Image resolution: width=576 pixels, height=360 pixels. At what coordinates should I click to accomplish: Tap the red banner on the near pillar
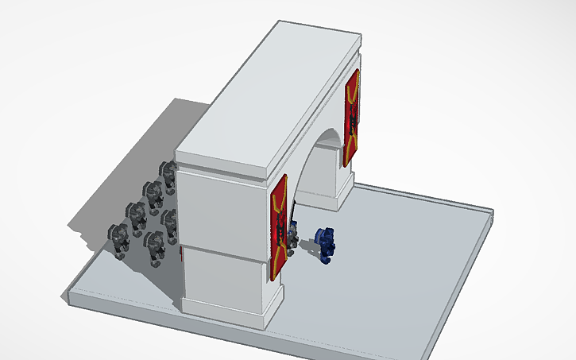pos(278,226)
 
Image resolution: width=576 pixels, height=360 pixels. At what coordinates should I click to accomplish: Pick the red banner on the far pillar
pos(351,118)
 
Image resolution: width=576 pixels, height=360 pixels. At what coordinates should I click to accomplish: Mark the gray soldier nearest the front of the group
pos(154,248)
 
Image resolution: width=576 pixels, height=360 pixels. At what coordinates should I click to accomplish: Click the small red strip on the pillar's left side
pos(182,256)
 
